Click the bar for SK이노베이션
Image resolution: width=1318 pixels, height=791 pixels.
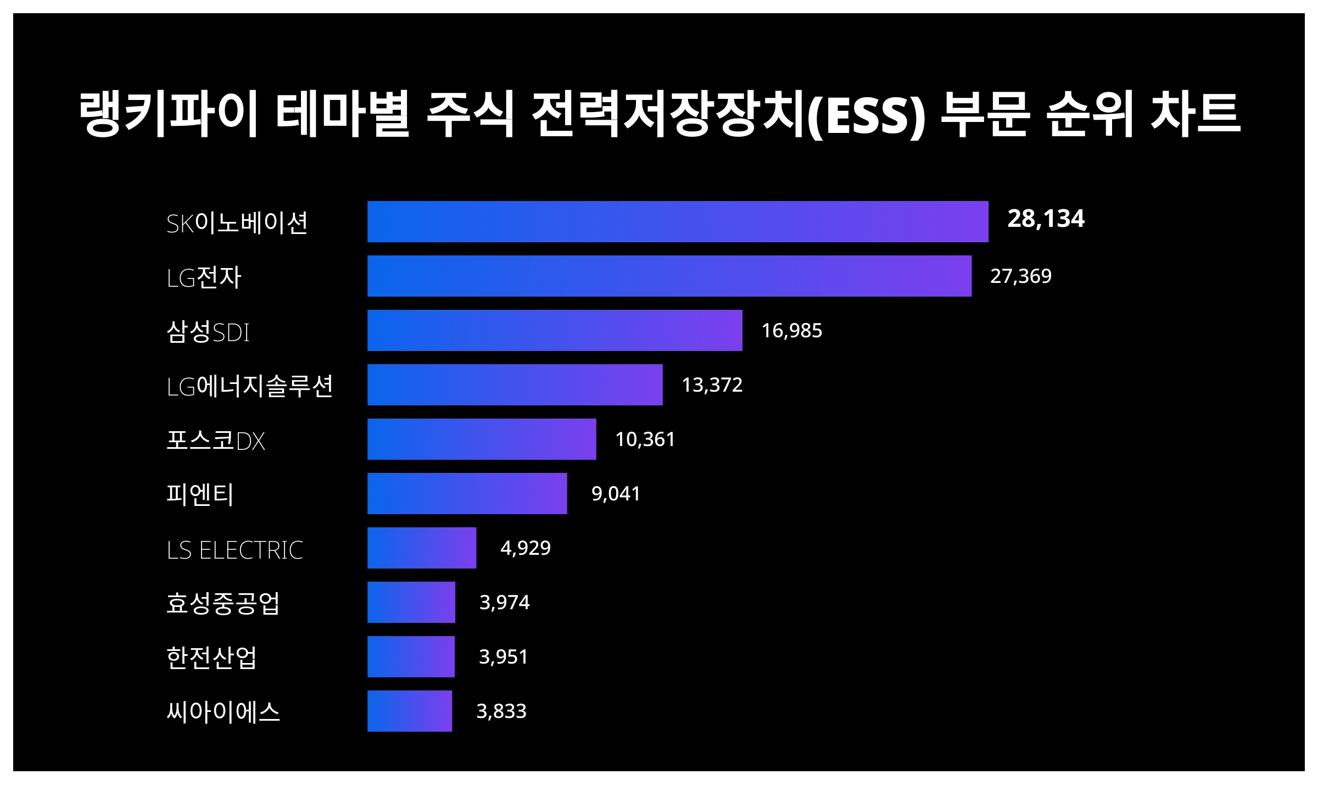[x=678, y=221]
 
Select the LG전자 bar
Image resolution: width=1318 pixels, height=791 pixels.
[x=669, y=276]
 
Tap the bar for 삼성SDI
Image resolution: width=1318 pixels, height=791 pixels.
[x=555, y=330]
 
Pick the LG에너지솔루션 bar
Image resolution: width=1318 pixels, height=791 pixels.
[x=515, y=385]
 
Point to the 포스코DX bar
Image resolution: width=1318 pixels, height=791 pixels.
[x=482, y=439]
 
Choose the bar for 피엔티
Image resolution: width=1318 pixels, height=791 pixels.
[x=467, y=493]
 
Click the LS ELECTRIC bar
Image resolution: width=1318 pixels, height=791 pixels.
[x=422, y=548]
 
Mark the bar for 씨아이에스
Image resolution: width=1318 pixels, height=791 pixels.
[x=410, y=711]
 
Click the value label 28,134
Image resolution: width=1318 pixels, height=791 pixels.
[x=1046, y=219]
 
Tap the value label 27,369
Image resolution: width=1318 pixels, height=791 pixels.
[x=1020, y=276]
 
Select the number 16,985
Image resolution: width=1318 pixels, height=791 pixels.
[x=791, y=330]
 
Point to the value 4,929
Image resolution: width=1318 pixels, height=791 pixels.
[x=525, y=548]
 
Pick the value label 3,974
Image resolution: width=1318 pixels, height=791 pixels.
[x=504, y=602]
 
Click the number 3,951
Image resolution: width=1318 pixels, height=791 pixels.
[x=503, y=656]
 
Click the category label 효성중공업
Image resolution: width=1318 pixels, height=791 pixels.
[x=223, y=603]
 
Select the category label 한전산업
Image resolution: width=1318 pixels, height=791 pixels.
[x=211, y=657]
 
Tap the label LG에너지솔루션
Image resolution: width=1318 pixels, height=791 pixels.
[x=250, y=386]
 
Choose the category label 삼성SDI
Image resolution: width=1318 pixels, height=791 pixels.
[x=208, y=332]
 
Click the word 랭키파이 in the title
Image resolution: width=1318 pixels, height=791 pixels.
[x=168, y=114]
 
